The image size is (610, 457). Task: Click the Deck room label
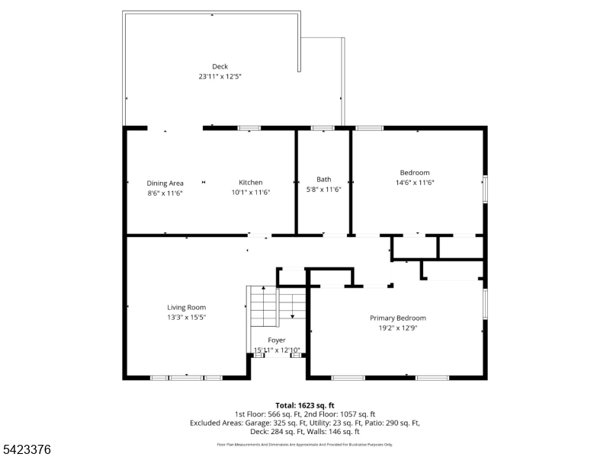[220, 66]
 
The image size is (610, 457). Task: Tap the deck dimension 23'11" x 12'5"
[220, 76]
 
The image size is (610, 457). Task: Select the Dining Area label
[165, 183]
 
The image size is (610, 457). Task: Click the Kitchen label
[251, 182]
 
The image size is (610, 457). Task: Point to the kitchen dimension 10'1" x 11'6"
[251, 192]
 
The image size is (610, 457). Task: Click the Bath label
[323, 179]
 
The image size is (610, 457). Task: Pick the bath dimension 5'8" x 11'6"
[323, 189]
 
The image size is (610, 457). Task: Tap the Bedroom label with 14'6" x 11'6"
[415, 172]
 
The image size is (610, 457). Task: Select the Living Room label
[187, 308]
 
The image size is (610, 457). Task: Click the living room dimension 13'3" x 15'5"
[187, 318]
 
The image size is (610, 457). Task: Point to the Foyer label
[277, 340]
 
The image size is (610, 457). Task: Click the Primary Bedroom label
[398, 318]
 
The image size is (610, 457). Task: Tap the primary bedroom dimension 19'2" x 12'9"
[398, 328]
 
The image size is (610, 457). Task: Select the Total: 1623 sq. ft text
[305, 405]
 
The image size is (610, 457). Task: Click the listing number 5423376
[27, 449]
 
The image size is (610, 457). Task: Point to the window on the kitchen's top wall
[249, 128]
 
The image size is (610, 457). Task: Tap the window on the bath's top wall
[323, 128]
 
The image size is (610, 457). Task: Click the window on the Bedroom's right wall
[484, 189]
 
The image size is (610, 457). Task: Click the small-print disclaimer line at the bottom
[305, 444]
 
